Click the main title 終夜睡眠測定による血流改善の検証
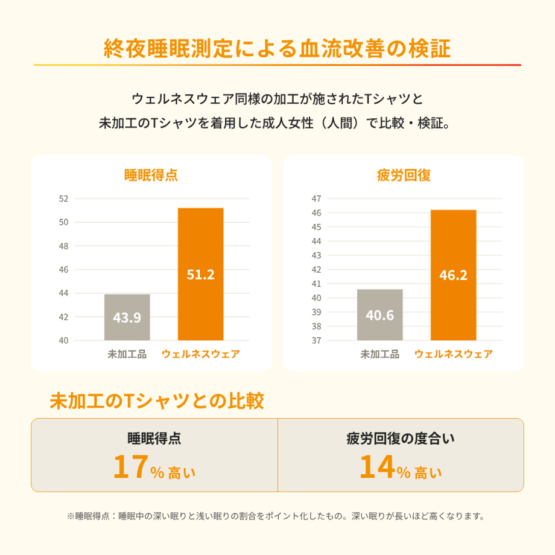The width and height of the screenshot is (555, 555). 277,48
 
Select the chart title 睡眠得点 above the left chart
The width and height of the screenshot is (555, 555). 151,175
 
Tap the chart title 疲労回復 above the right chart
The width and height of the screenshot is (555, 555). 404,175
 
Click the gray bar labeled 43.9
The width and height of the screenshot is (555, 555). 127,317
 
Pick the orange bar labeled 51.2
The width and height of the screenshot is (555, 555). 201,274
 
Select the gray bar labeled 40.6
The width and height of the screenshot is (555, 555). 380,315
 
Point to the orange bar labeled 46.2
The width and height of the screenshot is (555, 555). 454,275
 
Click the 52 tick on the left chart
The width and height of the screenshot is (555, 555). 64,198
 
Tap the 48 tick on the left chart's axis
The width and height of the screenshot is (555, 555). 64,246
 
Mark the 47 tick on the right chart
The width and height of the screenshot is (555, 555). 317,198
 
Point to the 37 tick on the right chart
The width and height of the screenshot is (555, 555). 317,340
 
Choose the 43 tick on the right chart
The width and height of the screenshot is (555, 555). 317,255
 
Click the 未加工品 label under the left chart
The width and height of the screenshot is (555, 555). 127,354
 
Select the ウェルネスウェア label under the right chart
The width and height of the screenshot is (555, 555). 454,354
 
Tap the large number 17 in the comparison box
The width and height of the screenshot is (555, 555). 131,466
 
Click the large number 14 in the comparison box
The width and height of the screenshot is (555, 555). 377,466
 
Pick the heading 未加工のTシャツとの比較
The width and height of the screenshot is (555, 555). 157,401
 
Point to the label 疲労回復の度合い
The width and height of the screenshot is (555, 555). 401,439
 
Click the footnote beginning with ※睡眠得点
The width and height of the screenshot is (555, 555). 276,516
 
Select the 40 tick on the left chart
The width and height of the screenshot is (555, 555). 64,340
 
